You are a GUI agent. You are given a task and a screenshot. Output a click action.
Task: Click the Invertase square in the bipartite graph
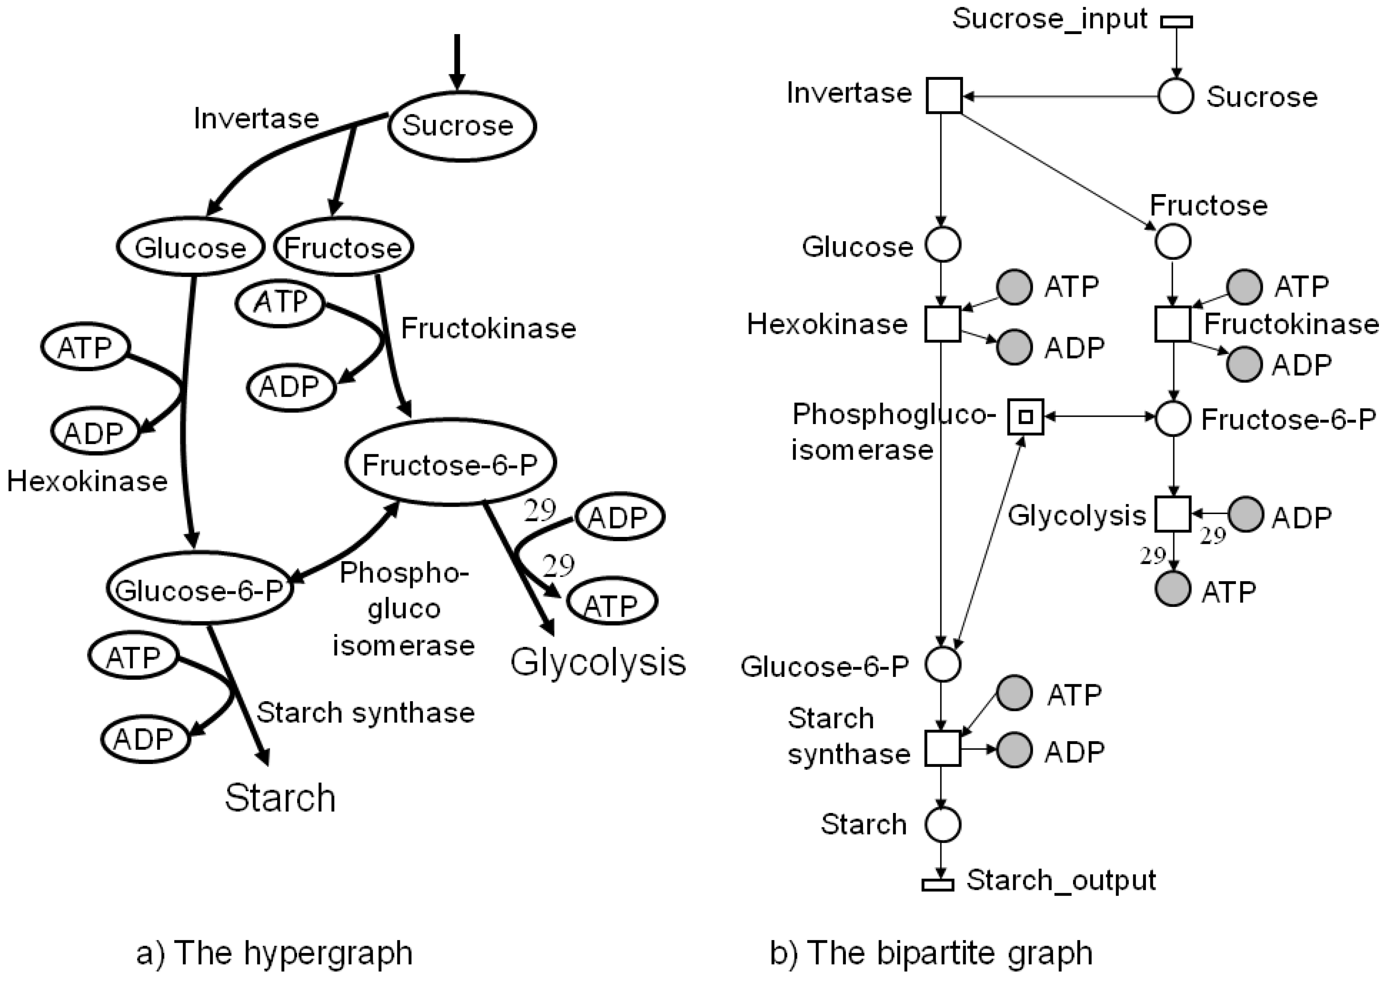(944, 96)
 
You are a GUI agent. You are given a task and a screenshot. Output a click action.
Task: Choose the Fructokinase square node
(1172, 324)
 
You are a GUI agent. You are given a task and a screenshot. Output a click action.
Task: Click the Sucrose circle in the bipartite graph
(1176, 96)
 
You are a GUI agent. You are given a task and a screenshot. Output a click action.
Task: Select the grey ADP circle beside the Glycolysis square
(1246, 515)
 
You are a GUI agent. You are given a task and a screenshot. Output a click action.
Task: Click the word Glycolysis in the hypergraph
(598, 662)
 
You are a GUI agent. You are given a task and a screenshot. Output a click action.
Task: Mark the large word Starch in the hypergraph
(280, 798)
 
